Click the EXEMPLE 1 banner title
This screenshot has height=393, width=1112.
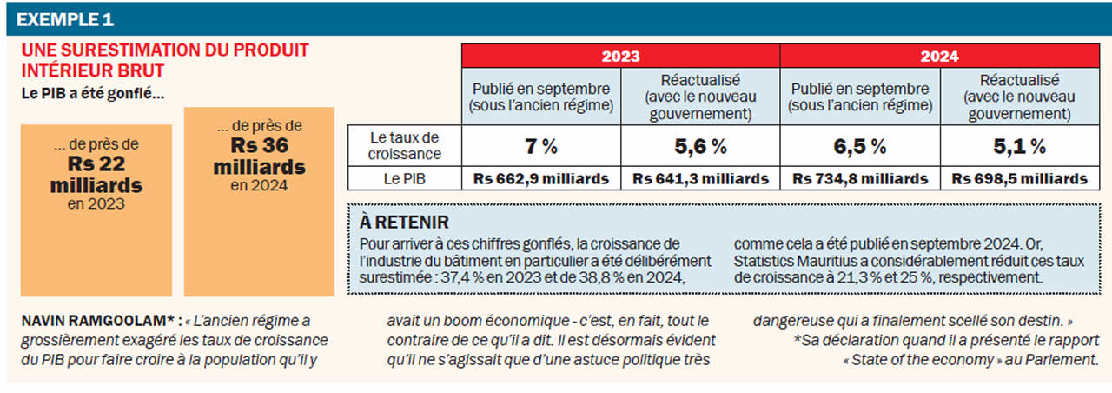[x=65, y=18]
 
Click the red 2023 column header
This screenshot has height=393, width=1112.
[x=620, y=56]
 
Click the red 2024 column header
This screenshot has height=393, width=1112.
[x=938, y=56]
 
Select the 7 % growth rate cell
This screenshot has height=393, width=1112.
[x=541, y=146]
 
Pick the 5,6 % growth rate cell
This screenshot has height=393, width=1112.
[x=700, y=146]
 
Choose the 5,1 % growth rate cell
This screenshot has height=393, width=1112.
[x=1018, y=146]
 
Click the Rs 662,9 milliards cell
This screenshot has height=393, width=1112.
[x=541, y=178]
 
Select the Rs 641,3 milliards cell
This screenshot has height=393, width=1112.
[x=700, y=178]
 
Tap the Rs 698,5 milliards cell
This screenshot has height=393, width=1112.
[x=1018, y=178]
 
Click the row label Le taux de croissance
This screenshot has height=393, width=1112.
[x=405, y=145]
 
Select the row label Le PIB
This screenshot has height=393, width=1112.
[x=405, y=178]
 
